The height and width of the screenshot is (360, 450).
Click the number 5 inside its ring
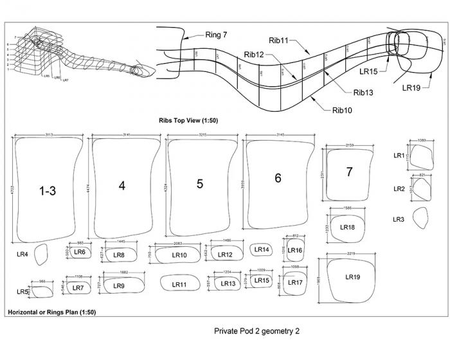pos(200,184)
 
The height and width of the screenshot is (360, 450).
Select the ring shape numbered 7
pos(349,172)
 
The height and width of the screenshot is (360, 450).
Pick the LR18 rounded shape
pos(348,226)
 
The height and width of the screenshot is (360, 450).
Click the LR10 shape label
pos(179,255)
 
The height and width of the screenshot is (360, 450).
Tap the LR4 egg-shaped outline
pos(40,255)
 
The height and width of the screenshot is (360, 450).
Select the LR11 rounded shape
pos(180,283)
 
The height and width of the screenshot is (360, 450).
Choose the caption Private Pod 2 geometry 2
pos(256,332)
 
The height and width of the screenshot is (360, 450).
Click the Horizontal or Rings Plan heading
pos(51,312)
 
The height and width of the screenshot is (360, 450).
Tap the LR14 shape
pos(262,249)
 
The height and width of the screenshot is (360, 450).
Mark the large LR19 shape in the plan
pos(352,277)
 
